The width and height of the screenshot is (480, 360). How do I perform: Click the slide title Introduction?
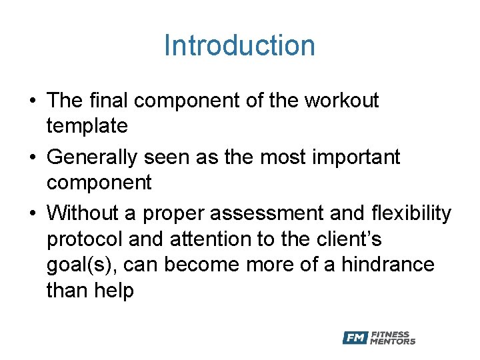click(239, 46)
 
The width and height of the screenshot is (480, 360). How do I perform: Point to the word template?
click(87, 125)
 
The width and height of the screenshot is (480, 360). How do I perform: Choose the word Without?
click(84, 213)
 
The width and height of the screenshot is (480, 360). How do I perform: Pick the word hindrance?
click(388, 265)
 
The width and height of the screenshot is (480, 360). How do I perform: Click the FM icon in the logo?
click(355, 338)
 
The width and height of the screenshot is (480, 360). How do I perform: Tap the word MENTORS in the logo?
click(393, 341)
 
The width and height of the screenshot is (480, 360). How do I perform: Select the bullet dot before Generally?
click(32, 158)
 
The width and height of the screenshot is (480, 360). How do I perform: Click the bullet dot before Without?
click(32, 214)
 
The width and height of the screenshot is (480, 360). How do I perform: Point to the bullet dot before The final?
click(32, 101)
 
